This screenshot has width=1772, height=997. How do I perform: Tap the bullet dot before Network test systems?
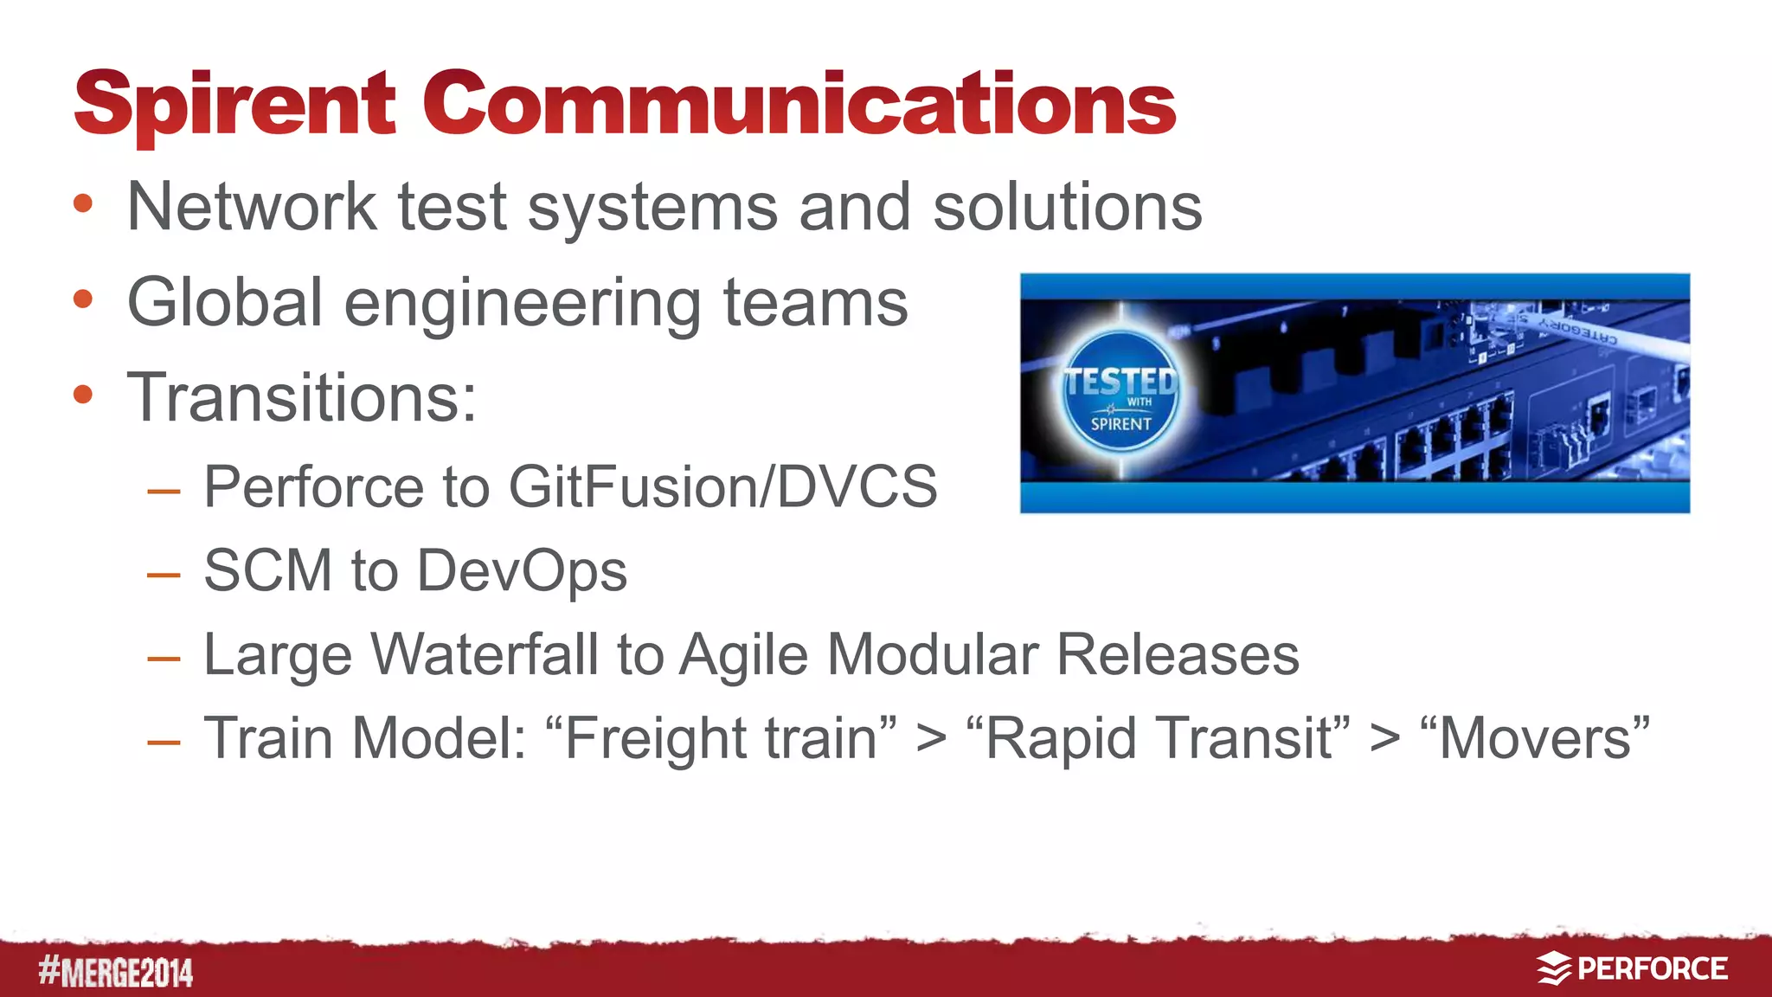[x=83, y=204]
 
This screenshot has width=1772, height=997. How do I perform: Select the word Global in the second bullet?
[x=225, y=302]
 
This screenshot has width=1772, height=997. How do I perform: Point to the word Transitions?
[x=302, y=397]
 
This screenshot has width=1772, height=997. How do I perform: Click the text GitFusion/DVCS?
[x=722, y=486]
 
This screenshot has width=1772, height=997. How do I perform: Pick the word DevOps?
[x=522, y=571]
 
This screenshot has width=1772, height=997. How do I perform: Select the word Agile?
[x=745, y=655]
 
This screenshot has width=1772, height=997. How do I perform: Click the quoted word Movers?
[x=1535, y=738]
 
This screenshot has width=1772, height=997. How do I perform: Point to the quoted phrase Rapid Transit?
[x=1159, y=738]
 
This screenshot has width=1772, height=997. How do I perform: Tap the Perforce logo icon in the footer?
[x=1554, y=968]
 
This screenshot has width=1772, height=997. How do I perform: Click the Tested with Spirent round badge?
[x=1120, y=392]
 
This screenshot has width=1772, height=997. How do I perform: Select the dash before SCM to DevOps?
[x=164, y=574]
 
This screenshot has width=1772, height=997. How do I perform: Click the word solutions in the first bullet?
[x=1068, y=208]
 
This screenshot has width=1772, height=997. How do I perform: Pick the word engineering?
[x=523, y=304]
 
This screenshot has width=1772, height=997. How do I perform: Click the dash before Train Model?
[x=164, y=742]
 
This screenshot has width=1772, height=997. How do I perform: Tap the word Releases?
[x=1178, y=654]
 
